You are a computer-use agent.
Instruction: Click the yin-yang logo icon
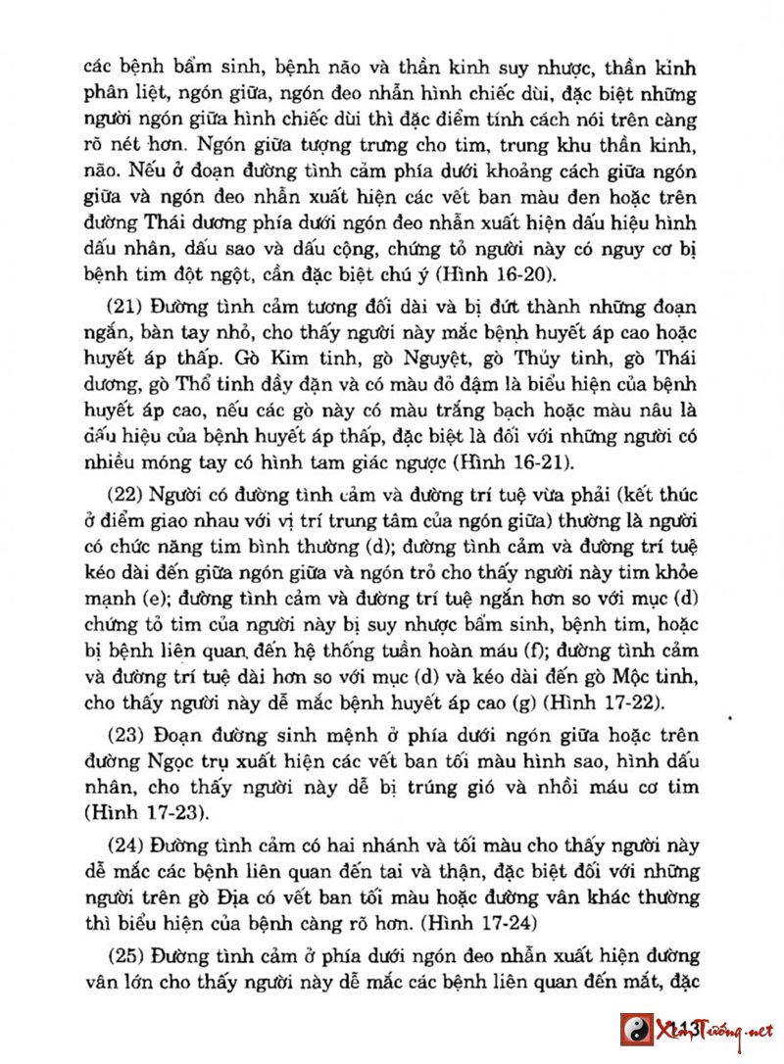638,1029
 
